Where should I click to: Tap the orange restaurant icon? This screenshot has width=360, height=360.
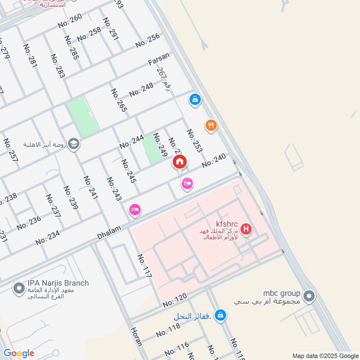[211, 126]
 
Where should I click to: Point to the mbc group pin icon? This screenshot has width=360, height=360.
[309, 296]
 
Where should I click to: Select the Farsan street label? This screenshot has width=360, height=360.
[160, 59]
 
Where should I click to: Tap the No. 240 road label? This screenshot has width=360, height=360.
[213, 161]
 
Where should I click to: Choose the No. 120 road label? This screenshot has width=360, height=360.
[175, 300]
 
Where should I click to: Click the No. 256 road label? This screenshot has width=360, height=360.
[148, 40]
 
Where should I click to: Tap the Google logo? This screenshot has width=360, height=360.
[19, 353]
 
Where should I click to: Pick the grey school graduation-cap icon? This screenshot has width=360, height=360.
[74, 144]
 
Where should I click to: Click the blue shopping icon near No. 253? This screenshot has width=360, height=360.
[195, 99]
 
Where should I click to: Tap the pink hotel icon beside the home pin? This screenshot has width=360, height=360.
[187, 183]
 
